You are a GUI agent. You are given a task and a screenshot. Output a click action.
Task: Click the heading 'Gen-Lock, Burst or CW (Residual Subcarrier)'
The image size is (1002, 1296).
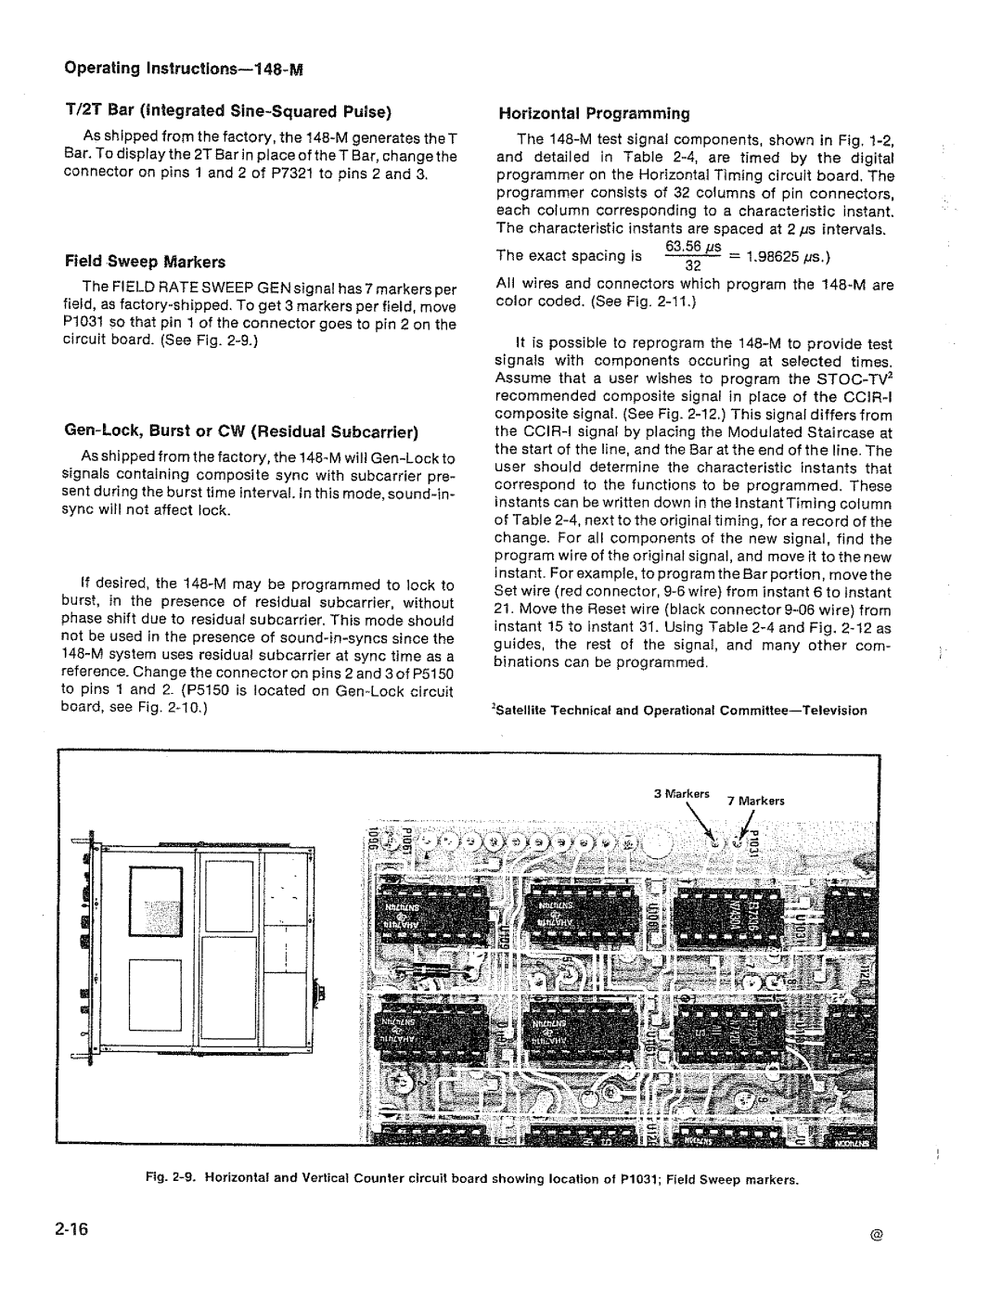[241, 432]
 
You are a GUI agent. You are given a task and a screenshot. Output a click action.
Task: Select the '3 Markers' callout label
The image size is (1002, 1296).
[681, 795]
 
